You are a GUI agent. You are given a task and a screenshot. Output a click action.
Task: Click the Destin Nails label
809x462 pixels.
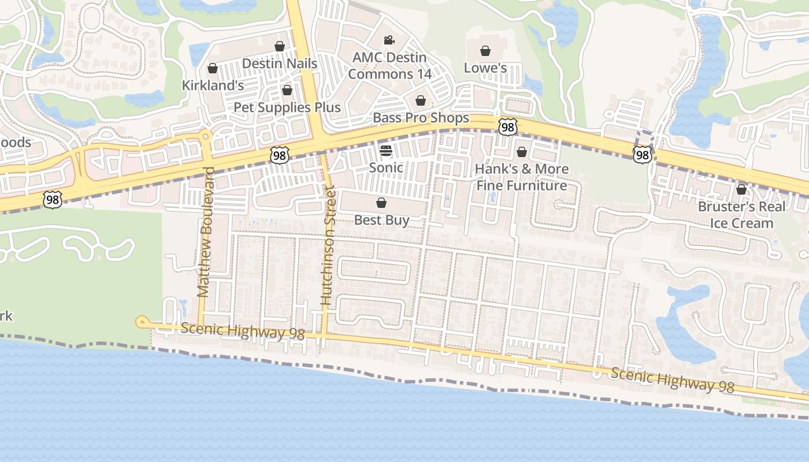coord(280,64)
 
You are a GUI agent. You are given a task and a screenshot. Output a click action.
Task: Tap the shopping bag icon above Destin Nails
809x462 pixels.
coord(280,46)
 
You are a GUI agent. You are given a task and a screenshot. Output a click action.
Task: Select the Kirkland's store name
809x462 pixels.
coord(213,85)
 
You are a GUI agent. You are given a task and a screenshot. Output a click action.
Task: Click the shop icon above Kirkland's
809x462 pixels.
coord(213,68)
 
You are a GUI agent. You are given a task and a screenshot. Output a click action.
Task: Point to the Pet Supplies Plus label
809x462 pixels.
coord(287,107)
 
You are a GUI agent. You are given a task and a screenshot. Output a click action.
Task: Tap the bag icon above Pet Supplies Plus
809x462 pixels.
coord(287,90)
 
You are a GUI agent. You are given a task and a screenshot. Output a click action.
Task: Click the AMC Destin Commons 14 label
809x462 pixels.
coord(389,66)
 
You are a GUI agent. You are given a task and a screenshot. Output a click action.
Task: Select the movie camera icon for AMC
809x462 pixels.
coord(389,40)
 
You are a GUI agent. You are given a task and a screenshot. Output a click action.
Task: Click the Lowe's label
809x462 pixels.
coord(485,68)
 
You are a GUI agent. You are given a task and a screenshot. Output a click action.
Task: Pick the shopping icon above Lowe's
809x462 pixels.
coord(485,51)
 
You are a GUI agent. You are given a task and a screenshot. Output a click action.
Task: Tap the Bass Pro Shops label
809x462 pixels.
coord(421,118)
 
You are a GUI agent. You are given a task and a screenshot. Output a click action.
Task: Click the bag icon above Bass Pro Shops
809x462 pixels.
coord(421,100)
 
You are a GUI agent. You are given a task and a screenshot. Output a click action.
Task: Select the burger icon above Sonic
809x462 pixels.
coord(386,151)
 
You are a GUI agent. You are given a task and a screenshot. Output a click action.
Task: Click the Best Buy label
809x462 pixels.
coord(381,220)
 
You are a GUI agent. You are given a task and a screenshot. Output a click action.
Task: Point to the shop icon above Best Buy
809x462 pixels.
coord(381,203)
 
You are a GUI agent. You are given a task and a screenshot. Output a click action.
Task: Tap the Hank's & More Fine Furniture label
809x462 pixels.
coord(522,177)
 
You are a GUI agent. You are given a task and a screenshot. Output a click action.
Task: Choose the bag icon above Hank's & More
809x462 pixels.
coord(522,152)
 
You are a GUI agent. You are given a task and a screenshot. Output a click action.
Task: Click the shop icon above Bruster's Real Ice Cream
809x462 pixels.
coord(741,189)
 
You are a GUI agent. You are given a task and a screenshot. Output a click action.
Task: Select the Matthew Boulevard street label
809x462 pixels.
coord(206,232)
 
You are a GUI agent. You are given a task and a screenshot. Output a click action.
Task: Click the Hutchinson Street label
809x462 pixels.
coord(328,245)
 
